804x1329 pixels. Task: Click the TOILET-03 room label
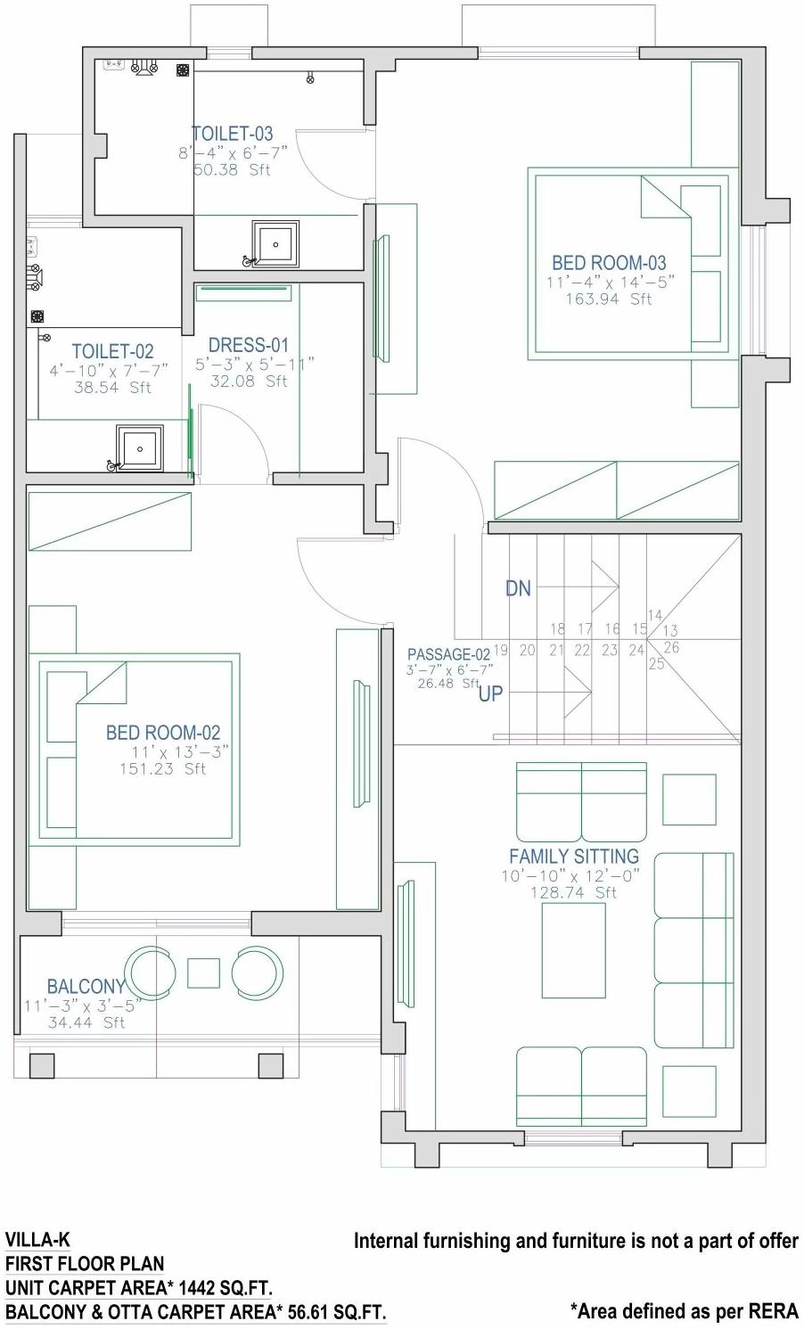[x=232, y=134]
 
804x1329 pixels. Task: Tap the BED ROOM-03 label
[x=609, y=263]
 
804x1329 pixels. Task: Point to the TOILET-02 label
[x=112, y=351]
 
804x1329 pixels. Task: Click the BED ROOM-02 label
[x=163, y=733]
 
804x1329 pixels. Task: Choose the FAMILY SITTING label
[x=574, y=857]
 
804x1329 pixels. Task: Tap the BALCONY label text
[x=86, y=987]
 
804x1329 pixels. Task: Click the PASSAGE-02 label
[x=448, y=655]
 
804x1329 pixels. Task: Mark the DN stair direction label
[x=518, y=588]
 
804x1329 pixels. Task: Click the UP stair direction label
[x=490, y=693]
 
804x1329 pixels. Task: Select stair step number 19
[x=500, y=651]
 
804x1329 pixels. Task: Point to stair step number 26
[x=671, y=648]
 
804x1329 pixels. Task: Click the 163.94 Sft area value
[x=609, y=299]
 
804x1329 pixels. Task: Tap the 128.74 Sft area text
[x=573, y=892]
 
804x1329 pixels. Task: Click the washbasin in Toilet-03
[x=275, y=243]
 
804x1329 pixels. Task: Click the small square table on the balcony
[x=203, y=973]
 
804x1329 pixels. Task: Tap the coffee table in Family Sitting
[x=573, y=954]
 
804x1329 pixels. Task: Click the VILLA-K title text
[x=37, y=1240]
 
